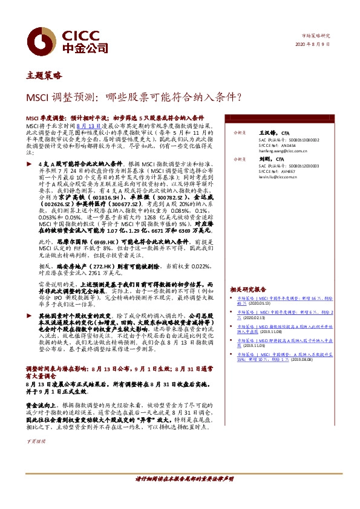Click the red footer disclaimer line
point(184,479)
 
